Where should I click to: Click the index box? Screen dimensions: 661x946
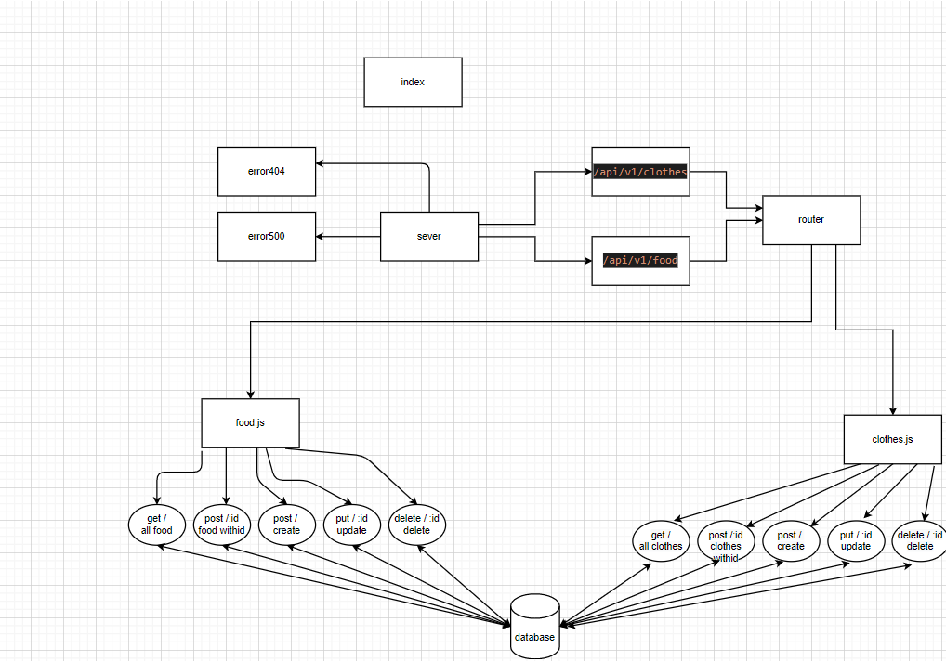413,82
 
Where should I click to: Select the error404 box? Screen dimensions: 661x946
267,171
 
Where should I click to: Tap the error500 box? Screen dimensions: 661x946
267,236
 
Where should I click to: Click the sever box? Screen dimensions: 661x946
429,236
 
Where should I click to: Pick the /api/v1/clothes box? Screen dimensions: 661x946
640,172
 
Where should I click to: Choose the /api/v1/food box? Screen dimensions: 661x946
640,260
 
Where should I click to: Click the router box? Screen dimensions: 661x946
811,220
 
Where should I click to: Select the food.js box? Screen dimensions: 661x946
250,423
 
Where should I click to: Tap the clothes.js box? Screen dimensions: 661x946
892,439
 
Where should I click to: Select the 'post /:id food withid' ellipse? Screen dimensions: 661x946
222,525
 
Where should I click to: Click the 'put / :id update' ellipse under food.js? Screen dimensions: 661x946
352,525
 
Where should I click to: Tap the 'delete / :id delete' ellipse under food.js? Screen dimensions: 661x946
417,525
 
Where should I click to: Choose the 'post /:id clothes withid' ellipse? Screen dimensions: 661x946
726,542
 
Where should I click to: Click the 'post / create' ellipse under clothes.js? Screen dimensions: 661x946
791,540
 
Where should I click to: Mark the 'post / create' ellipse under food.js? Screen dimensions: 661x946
286,525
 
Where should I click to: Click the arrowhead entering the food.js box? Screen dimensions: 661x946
250,395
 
